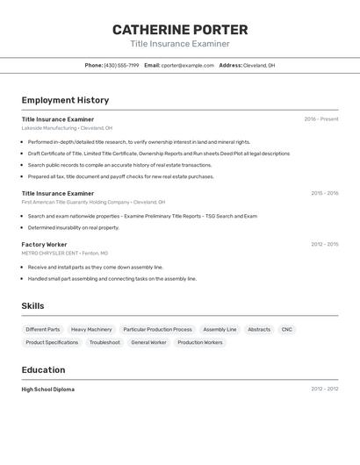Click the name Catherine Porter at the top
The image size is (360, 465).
coord(180,30)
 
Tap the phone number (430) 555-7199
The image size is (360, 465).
coord(121,65)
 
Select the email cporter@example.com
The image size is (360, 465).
coord(188,65)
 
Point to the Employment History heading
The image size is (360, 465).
coord(65,100)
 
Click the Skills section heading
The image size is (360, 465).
coord(33,305)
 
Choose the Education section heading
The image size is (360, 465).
coord(43,369)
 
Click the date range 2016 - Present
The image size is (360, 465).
coord(320,119)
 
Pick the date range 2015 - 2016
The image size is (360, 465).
coord(324,193)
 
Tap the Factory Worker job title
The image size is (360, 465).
coord(44,244)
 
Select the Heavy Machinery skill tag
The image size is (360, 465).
coord(91,329)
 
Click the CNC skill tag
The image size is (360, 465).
coord(287,329)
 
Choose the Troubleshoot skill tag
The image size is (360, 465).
coord(104,342)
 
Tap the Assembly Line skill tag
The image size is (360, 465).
coord(220,329)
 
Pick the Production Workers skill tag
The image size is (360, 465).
coord(200,342)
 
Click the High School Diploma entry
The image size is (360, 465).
coord(48,389)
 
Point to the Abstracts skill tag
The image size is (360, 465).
coord(259,329)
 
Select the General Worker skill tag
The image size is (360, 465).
coord(148,342)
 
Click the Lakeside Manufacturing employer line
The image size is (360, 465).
coord(67,128)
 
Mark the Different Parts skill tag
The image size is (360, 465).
coord(43,329)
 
